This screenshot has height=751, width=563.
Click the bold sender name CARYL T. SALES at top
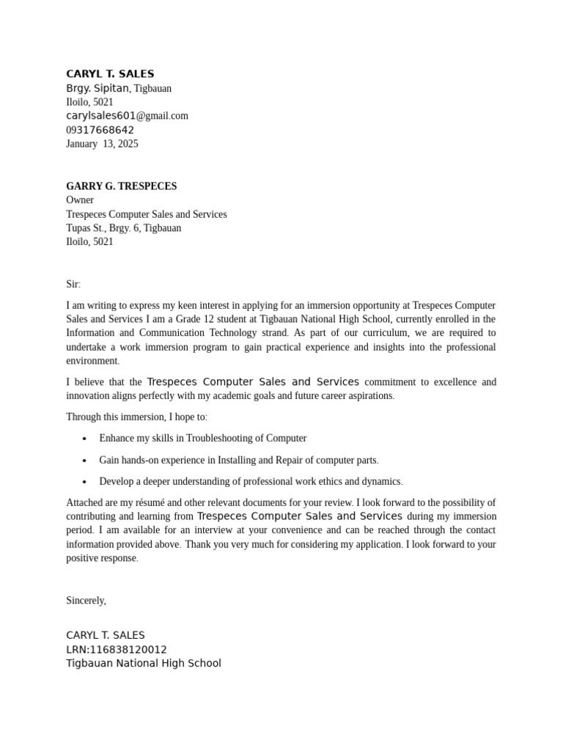click(x=110, y=74)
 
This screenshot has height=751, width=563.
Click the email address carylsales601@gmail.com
click(x=127, y=116)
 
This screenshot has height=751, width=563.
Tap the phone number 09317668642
click(x=100, y=130)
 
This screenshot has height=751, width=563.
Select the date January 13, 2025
click(x=102, y=144)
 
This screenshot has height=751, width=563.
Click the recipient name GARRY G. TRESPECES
click(x=121, y=186)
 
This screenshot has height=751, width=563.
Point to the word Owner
click(x=80, y=200)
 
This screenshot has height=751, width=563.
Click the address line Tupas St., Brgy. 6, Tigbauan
click(x=123, y=228)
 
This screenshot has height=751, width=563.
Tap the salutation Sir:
click(x=73, y=285)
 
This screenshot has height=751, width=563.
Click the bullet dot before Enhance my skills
click(x=84, y=439)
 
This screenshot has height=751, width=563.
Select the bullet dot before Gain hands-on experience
click(x=84, y=461)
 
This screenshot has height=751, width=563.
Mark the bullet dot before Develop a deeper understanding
click(x=84, y=482)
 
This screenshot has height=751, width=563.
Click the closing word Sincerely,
click(x=86, y=601)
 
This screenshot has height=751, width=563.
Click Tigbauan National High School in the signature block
click(x=143, y=664)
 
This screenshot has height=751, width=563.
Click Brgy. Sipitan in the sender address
click(x=97, y=89)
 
